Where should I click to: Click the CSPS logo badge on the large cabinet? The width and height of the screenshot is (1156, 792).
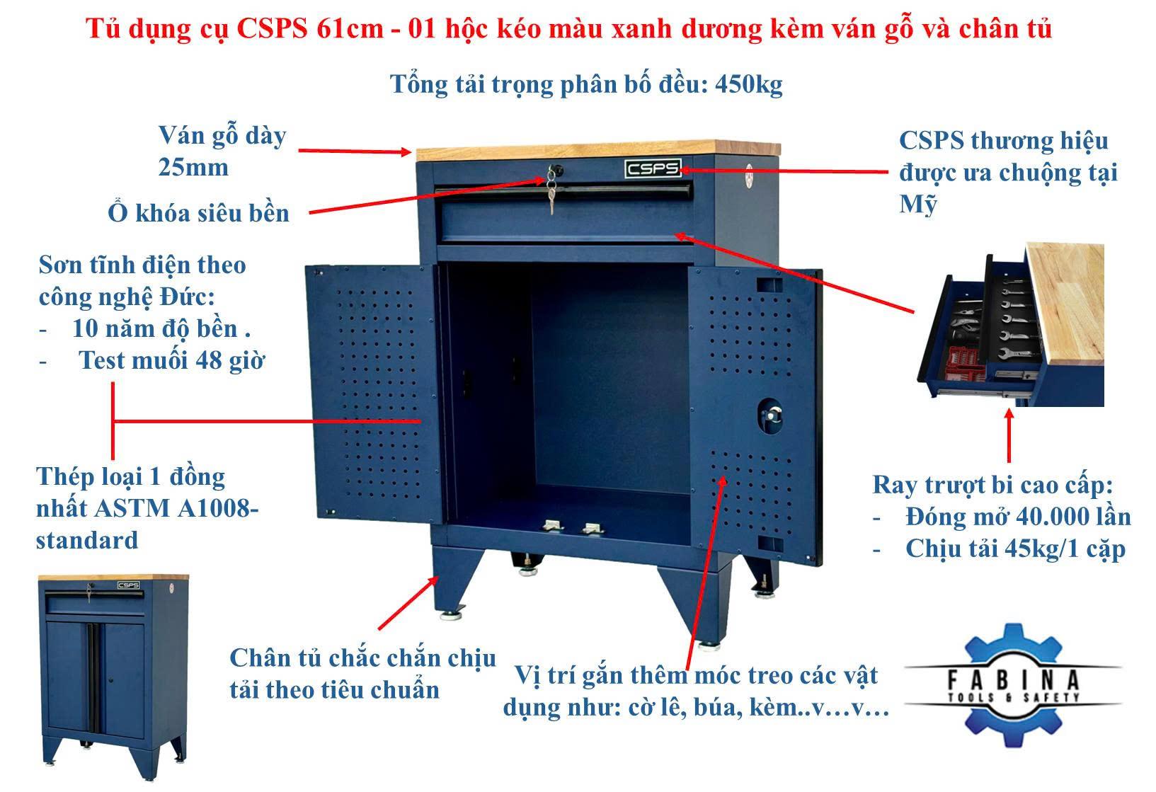(x=653, y=168)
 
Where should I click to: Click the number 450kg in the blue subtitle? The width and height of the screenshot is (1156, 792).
(x=748, y=84)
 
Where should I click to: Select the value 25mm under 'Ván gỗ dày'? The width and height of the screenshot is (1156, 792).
(x=193, y=168)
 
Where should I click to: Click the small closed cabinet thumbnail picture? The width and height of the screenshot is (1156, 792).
(x=113, y=676)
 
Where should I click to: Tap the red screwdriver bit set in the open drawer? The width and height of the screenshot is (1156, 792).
(x=962, y=364)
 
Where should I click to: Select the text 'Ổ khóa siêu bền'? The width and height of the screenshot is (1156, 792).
(x=198, y=213)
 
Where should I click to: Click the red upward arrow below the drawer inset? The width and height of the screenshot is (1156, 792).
(x=1009, y=435)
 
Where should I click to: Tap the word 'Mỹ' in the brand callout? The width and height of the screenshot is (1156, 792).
(x=917, y=205)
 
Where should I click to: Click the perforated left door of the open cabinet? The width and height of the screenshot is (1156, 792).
(x=374, y=394)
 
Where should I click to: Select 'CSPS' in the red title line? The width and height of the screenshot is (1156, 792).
(x=272, y=29)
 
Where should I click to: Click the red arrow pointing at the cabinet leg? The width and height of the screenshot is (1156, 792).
(x=408, y=603)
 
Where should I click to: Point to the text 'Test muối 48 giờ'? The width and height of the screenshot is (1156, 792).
(x=171, y=361)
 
